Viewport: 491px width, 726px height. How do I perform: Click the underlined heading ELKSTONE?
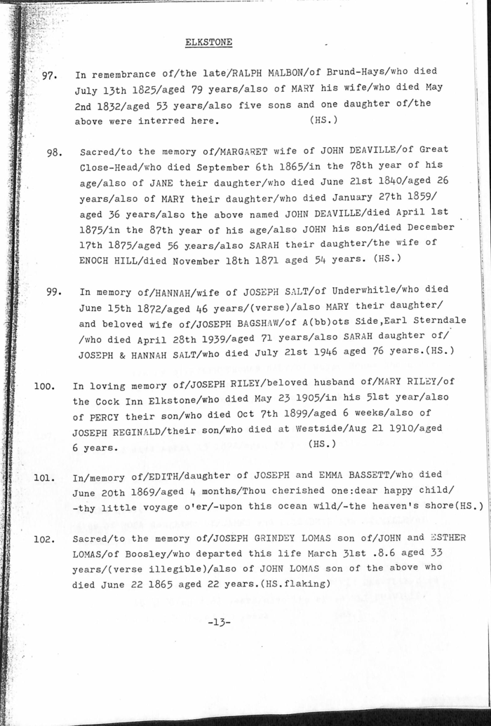point(208,42)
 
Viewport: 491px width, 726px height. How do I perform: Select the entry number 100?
point(45,385)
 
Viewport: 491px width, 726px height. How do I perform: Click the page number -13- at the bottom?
point(220,621)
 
